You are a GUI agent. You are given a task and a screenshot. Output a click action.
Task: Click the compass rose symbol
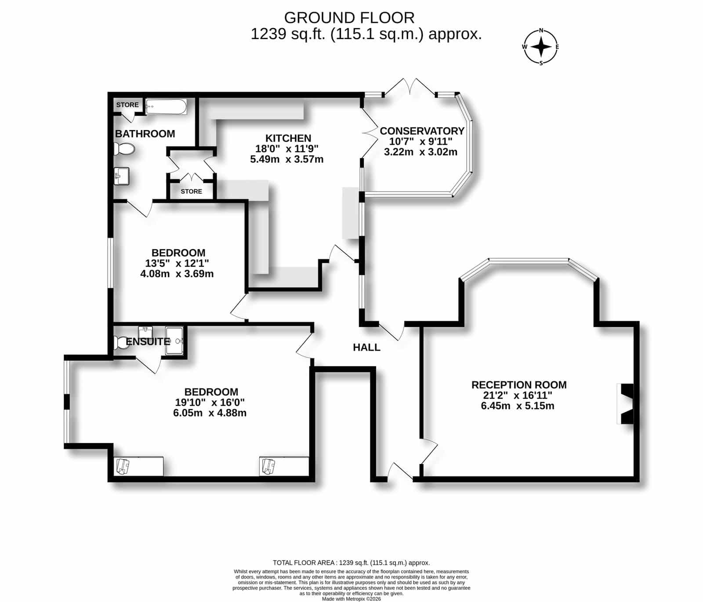click(541, 47)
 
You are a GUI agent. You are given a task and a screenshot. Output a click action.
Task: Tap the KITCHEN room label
click(288, 138)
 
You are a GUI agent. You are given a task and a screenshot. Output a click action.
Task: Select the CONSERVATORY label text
click(422, 131)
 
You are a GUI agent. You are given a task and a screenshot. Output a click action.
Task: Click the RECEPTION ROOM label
click(519, 385)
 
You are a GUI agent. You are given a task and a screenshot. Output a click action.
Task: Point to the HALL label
click(366, 347)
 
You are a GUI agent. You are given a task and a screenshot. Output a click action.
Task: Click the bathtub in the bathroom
click(166, 107)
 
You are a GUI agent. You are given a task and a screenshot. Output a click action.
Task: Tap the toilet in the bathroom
click(124, 149)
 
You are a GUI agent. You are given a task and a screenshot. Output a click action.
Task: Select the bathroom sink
click(121, 176)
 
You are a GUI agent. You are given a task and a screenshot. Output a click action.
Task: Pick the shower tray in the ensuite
click(174, 341)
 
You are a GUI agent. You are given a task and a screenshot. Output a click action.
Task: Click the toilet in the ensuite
click(121, 342)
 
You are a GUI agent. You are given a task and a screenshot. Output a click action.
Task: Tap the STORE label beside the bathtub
click(127, 105)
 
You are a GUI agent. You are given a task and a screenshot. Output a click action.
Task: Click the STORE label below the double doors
click(192, 191)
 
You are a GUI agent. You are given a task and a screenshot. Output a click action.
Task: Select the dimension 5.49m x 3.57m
click(287, 159)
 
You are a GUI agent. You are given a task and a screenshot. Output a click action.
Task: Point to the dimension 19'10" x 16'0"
click(210, 402)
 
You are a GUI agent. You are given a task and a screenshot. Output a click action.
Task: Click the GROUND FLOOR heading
click(349, 18)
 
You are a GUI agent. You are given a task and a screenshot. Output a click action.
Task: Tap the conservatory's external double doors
click(410, 86)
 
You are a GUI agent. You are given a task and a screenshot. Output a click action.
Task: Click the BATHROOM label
click(145, 134)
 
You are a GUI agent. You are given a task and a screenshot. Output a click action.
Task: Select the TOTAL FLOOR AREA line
click(351, 562)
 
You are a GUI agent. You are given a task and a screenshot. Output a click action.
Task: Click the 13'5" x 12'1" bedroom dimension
click(177, 263)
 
